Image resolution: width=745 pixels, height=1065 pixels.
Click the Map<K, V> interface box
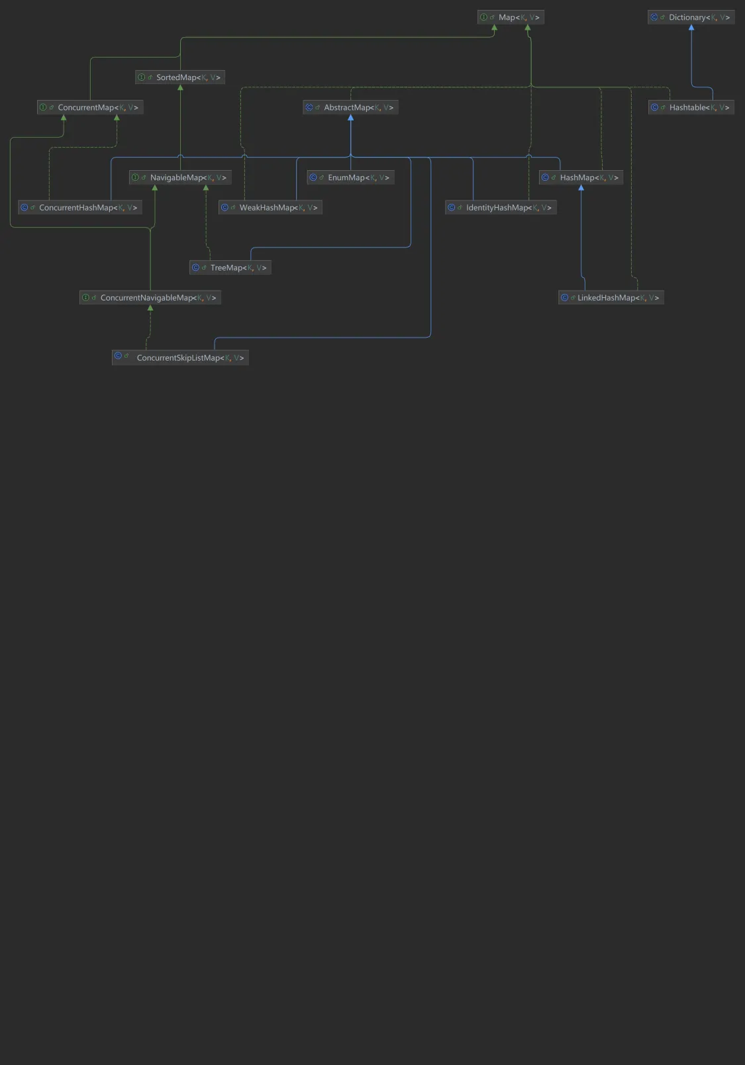point(511,17)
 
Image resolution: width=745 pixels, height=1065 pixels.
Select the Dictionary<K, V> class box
point(691,17)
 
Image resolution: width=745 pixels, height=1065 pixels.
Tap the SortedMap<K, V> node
point(180,77)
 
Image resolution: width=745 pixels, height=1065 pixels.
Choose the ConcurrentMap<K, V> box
point(90,107)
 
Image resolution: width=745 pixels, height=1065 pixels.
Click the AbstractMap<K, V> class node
point(350,107)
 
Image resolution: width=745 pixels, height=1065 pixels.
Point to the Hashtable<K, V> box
point(691,107)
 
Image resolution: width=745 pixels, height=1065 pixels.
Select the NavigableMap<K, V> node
point(180,177)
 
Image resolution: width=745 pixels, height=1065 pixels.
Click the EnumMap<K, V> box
point(350,177)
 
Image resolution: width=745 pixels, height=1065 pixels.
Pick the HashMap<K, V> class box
point(581,177)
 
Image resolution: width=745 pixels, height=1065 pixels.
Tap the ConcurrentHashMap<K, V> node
point(80,208)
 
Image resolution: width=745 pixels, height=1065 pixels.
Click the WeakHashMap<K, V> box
point(270,208)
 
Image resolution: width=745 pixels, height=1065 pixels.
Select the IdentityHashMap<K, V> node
point(501,208)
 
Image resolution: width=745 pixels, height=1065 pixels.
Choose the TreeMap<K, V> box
point(230,267)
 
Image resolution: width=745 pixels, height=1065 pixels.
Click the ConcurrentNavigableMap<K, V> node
point(150,298)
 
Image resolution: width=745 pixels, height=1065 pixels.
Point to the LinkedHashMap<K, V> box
point(611,298)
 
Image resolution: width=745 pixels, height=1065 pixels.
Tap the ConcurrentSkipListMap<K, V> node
point(180,358)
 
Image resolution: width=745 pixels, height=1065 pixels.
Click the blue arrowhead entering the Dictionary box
point(691,28)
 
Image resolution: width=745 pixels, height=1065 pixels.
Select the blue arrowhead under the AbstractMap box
point(350,118)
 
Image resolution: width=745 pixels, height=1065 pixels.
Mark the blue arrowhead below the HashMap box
point(581,188)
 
